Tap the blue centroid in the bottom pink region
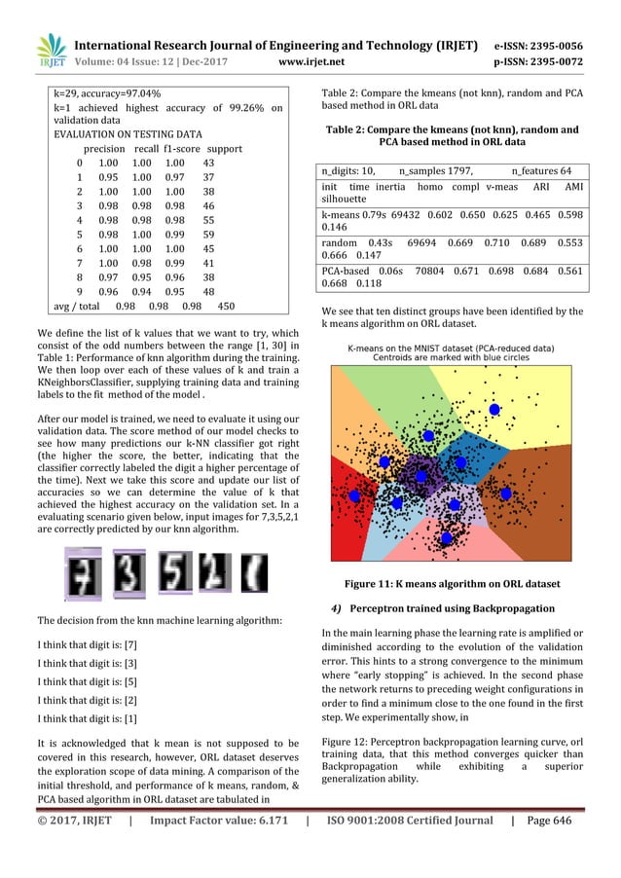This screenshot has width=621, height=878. click(x=446, y=536)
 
